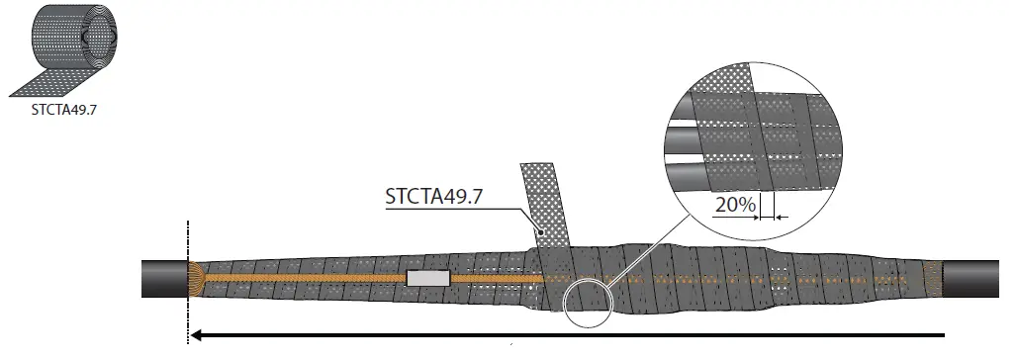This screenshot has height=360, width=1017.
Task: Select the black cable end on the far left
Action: [163, 279]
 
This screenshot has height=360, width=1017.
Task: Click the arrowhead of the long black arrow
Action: [197, 335]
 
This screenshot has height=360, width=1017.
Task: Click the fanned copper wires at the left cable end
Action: [195, 279]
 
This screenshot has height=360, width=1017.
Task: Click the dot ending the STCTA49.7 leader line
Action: [539, 231]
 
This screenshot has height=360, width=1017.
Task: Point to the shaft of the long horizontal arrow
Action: [574, 335]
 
